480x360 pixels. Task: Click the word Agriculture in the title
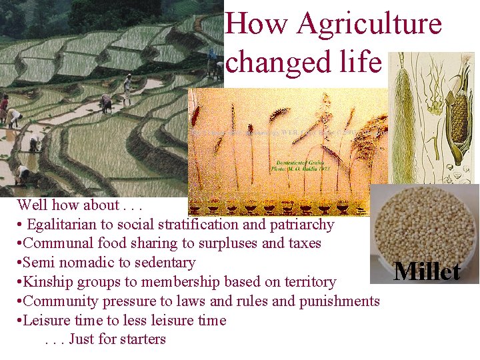369,24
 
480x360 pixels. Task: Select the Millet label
427,271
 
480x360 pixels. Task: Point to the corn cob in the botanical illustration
458,113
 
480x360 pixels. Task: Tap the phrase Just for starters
117,339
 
